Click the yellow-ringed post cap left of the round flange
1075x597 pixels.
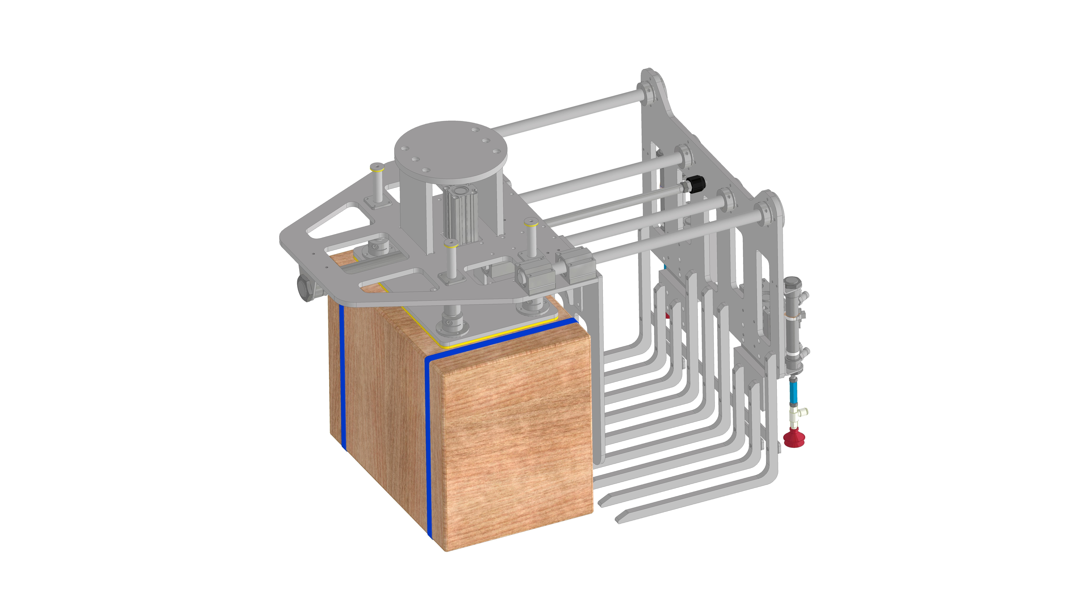tap(377, 169)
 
